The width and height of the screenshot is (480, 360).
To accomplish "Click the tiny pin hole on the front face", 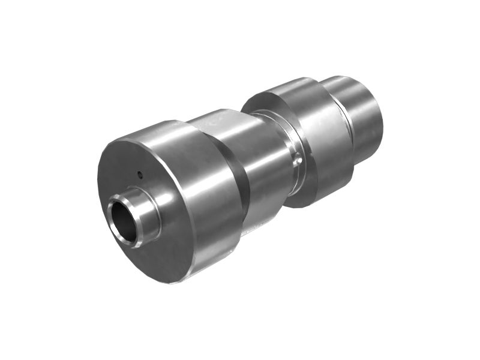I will pyautogui.click(x=140, y=175).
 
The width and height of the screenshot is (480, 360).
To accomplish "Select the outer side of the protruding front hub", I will pyautogui.click(x=148, y=211).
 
